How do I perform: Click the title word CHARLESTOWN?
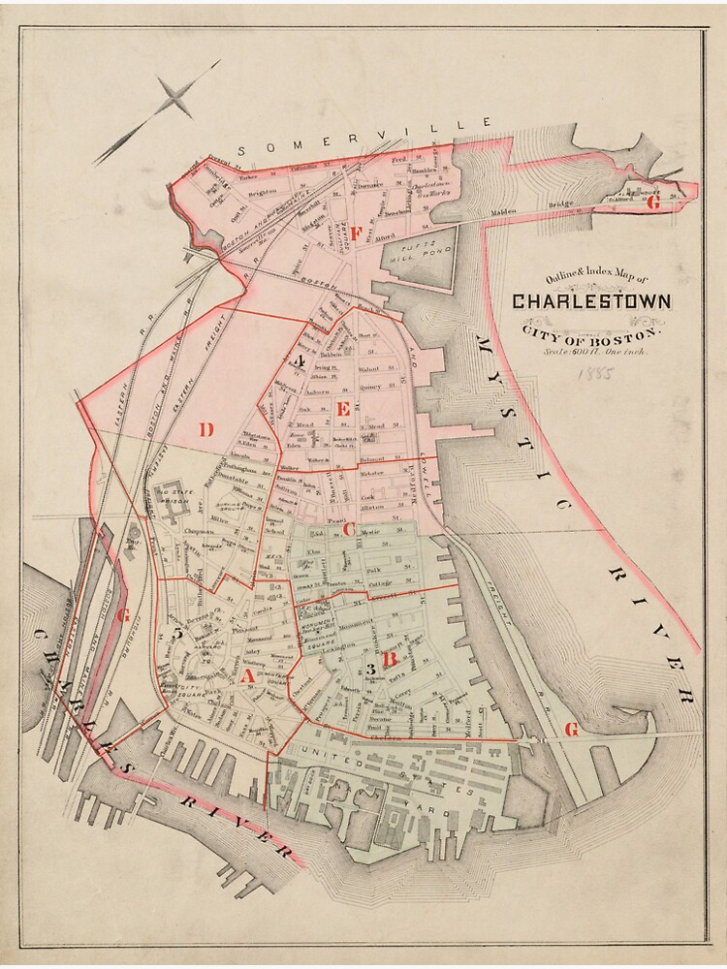(x=590, y=301)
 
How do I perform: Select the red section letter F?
(x=356, y=233)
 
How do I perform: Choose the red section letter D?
(x=205, y=429)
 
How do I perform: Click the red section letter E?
(x=342, y=410)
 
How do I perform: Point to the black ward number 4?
(x=301, y=362)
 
